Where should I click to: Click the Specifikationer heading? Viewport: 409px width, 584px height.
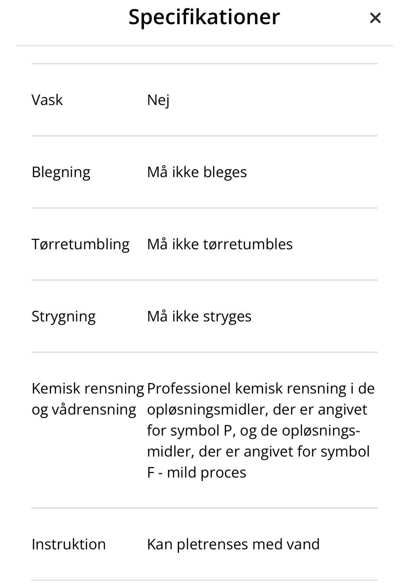click(x=204, y=17)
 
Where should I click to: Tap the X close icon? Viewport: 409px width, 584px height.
click(x=375, y=18)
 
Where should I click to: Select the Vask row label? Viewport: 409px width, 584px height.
click(x=47, y=100)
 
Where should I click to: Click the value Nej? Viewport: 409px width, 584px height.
click(x=158, y=100)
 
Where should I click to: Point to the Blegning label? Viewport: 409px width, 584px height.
click(x=61, y=172)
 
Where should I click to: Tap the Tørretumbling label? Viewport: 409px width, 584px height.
click(x=81, y=244)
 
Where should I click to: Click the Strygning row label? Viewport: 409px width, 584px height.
click(x=63, y=316)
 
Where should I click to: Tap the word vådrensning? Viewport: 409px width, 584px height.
click(x=94, y=409)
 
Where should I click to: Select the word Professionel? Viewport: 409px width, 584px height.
click(x=189, y=388)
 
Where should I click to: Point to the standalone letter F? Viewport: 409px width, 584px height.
click(x=150, y=472)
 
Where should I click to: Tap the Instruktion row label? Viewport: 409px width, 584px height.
click(x=69, y=544)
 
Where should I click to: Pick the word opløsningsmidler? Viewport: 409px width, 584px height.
click(x=207, y=409)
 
